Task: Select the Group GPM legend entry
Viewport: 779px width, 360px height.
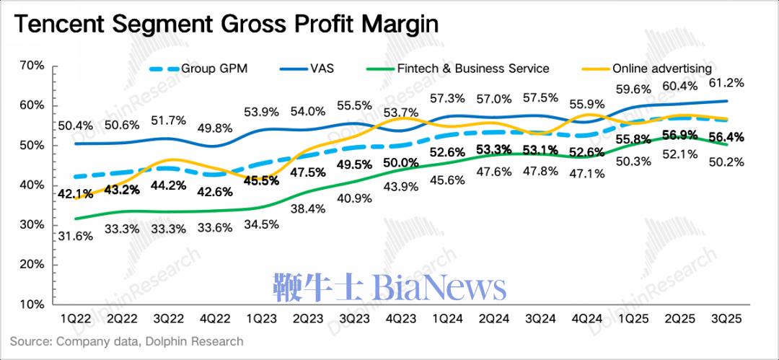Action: click(208, 69)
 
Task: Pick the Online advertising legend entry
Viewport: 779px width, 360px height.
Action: click(661, 69)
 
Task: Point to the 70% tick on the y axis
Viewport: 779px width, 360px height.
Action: click(32, 66)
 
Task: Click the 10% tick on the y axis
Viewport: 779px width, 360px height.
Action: click(32, 304)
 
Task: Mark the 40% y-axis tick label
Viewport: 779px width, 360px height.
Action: click(32, 185)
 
